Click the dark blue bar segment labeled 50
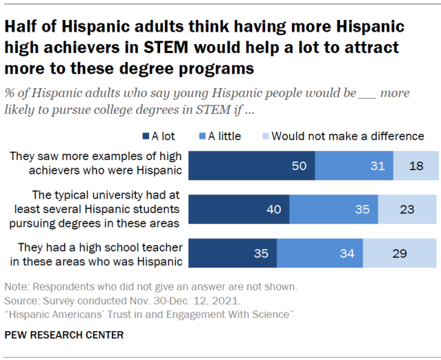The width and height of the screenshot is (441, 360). click(251, 166)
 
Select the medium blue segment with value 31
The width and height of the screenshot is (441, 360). click(354, 166)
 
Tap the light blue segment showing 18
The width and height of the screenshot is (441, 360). click(415, 166)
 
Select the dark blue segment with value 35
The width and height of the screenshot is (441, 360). click(233, 253)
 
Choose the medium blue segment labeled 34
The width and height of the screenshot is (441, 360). click(320, 253)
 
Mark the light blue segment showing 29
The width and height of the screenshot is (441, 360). click(400, 253)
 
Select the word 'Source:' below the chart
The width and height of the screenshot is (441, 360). click(21, 300)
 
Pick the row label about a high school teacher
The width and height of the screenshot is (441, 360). click(97, 253)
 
